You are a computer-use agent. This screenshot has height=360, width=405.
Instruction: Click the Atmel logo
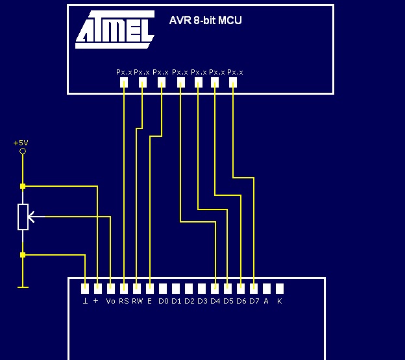tap(115, 29)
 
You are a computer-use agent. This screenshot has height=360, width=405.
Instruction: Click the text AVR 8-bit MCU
tap(205, 20)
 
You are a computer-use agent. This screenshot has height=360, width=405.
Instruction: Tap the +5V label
tap(21, 143)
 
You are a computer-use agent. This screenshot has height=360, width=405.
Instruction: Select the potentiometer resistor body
tap(23, 217)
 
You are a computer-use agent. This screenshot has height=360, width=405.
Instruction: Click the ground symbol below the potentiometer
tap(23, 287)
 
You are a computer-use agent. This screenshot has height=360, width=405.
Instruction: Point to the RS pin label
tap(124, 301)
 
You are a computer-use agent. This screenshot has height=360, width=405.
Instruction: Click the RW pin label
tap(137, 301)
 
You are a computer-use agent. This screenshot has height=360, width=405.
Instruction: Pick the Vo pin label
tap(110, 301)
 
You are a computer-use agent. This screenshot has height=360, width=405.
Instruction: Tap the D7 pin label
tap(254, 301)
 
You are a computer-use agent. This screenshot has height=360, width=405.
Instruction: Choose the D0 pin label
tap(164, 301)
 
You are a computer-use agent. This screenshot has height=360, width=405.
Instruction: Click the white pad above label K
tap(280, 289)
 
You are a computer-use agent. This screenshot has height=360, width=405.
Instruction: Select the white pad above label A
tap(267, 289)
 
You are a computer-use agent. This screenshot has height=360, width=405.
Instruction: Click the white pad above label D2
tap(189, 289)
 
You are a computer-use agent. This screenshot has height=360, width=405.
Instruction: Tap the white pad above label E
tap(150, 289)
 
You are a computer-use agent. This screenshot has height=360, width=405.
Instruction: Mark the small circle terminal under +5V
tap(23, 151)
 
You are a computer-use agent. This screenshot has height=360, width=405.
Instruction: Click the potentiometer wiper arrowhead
tap(31, 217)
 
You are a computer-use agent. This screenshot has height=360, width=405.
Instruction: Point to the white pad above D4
tap(215, 289)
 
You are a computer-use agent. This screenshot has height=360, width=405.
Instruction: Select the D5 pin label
tap(228, 301)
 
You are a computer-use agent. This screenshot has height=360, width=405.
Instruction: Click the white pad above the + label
tap(97, 289)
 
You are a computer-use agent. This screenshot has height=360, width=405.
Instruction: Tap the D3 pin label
tap(202, 301)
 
